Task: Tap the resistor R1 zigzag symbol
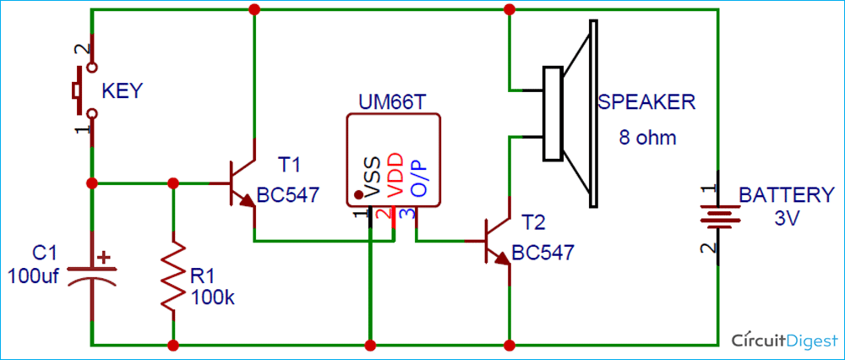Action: pyautogui.click(x=173, y=275)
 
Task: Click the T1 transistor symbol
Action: pyautogui.click(x=241, y=189)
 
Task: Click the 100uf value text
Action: pyautogui.click(x=32, y=276)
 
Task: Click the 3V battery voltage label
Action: pyautogui.click(x=786, y=217)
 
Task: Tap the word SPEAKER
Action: pyautogui.click(x=646, y=103)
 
